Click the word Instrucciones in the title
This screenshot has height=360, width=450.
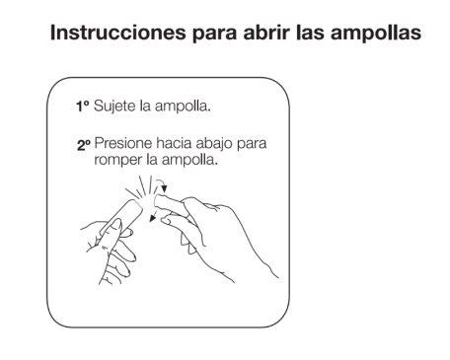click(118, 33)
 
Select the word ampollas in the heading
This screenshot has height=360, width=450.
click(376, 34)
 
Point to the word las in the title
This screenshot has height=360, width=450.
click(311, 33)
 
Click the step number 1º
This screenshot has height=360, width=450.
click(83, 107)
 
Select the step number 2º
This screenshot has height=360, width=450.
click(84, 145)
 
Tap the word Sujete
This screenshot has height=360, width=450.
click(114, 107)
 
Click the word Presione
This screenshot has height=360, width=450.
click(123, 143)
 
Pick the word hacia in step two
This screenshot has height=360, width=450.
click(174, 143)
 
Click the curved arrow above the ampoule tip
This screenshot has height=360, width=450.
click(161, 182)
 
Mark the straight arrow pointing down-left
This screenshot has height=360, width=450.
click(153, 217)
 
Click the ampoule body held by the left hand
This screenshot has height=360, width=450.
click(122, 217)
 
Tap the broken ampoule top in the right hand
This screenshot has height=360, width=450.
click(171, 204)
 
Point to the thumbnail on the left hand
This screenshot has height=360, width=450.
click(115, 225)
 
